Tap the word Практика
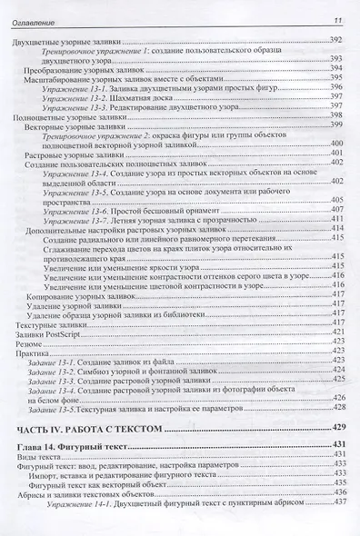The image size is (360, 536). [x=35, y=353]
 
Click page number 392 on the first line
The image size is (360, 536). [x=335, y=43]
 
